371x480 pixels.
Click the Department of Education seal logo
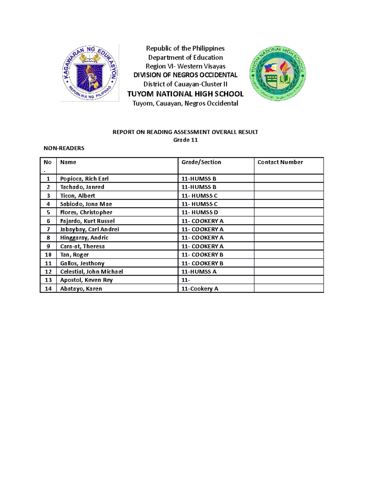[90, 73]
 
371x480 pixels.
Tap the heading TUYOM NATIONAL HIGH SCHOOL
[185, 94]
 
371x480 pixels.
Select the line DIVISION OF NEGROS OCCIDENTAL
[185, 75]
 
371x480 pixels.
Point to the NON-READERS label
[64, 148]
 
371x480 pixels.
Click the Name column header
[68, 162]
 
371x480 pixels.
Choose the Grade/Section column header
[201, 162]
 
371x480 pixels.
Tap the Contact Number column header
[280, 162]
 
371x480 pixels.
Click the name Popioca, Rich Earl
[84, 179]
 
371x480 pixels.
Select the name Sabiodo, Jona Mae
[86, 204]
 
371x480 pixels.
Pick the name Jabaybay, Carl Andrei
[89, 229]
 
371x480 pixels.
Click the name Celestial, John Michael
[92, 272]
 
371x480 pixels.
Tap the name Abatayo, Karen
[81, 289]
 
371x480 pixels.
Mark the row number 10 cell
[48, 255]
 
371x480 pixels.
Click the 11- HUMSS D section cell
[200, 212]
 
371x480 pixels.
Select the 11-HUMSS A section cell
[199, 272]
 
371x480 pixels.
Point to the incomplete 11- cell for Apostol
[186, 280]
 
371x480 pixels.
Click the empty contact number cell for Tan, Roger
[288, 255]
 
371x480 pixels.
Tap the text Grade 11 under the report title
[185, 140]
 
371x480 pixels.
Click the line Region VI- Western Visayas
[185, 66]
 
